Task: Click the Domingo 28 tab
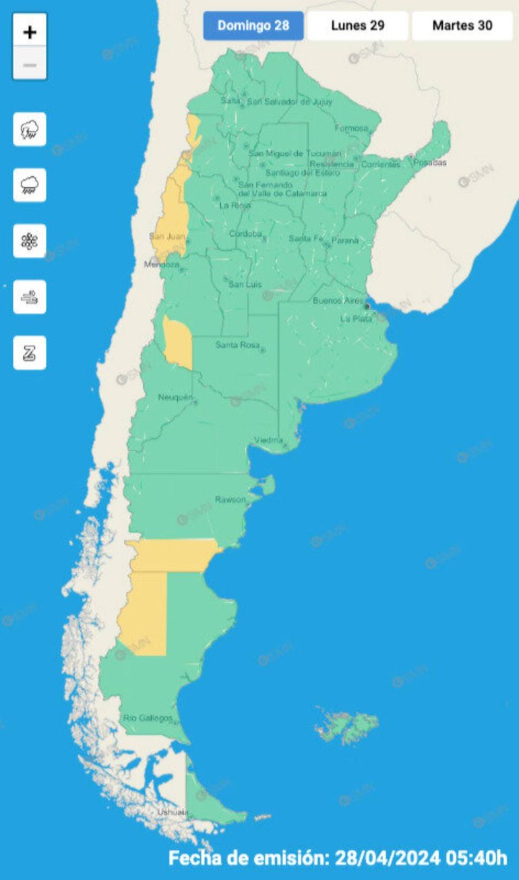pyautogui.click(x=253, y=26)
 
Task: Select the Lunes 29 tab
pyautogui.click(x=358, y=26)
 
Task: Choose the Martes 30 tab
pyautogui.click(x=462, y=26)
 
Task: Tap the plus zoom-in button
pyautogui.click(x=30, y=31)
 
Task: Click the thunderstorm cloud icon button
pyautogui.click(x=30, y=129)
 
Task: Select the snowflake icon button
pyautogui.click(x=30, y=241)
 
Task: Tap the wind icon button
pyautogui.click(x=30, y=297)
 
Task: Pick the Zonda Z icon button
pyautogui.click(x=30, y=353)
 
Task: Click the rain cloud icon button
pyautogui.click(x=30, y=185)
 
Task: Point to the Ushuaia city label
pyautogui.click(x=173, y=813)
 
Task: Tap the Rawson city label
pyautogui.click(x=230, y=499)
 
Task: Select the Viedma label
pyautogui.click(x=268, y=440)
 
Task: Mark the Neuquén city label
pyautogui.click(x=175, y=397)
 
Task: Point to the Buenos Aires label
pyautogui.click(x=338, y=301)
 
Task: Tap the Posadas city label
pyautogui.click(x=429, y=163)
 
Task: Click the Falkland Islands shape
pyautogui.click(x=346, y=727)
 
